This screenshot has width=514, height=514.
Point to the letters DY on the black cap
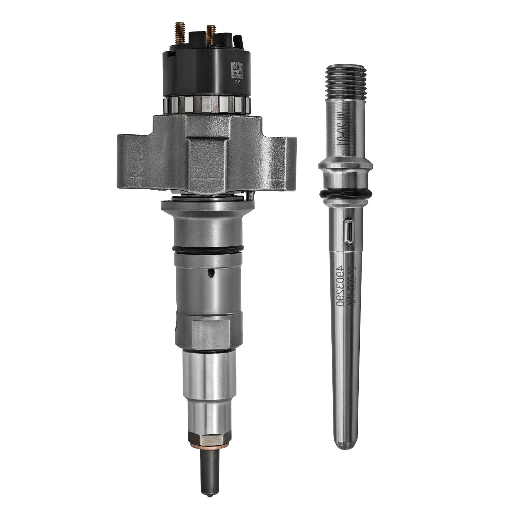click(237, 82)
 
